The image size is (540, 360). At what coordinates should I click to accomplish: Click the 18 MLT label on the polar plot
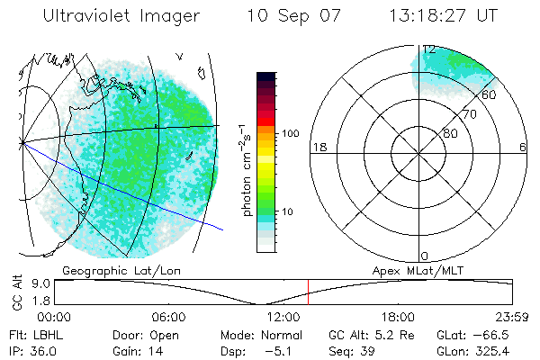point(318,147)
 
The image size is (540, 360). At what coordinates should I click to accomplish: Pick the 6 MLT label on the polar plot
point(523,147)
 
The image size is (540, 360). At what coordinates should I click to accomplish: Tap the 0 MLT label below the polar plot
point(424,256)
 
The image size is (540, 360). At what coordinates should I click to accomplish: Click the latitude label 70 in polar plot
point(469,114)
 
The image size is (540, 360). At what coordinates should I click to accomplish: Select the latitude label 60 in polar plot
point(490,94)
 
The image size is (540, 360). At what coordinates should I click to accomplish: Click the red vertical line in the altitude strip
point(308,292)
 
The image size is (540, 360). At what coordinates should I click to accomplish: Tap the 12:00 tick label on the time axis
point(283,317)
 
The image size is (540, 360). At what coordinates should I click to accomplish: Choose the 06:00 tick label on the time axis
point(169,317)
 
